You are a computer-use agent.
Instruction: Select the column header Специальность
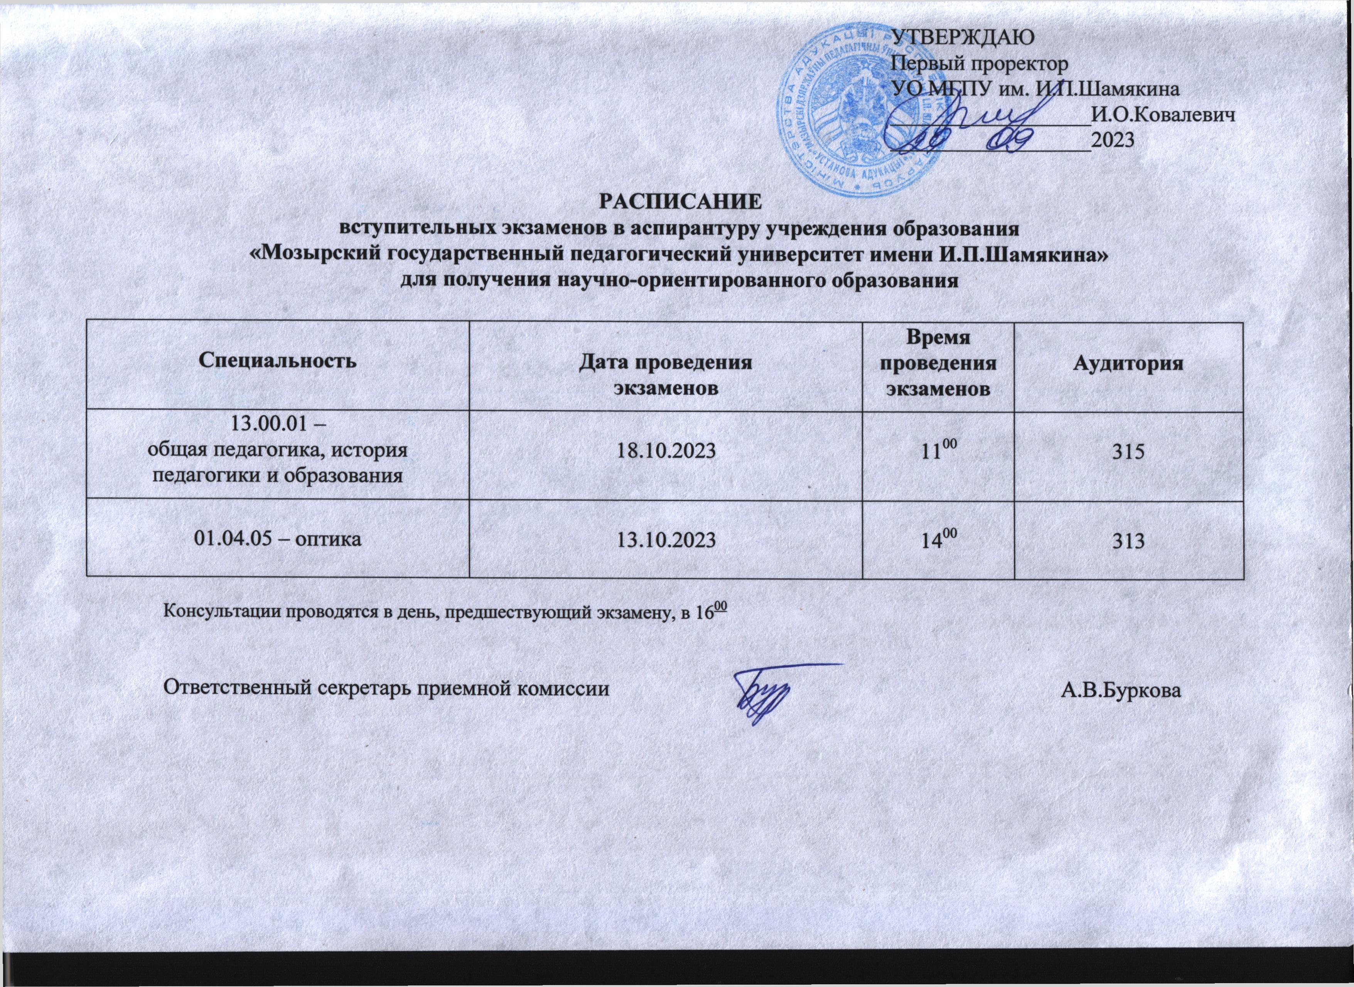coord(277,361)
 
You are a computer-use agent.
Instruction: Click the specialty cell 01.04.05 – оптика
coord(278,539)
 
